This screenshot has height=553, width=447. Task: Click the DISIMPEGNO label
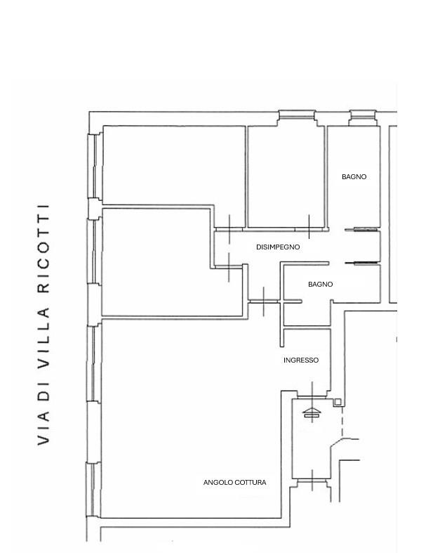278,247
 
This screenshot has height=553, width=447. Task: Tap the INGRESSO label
301,360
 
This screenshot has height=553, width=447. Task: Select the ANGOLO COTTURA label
234,482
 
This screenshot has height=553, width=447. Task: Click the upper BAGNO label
354,176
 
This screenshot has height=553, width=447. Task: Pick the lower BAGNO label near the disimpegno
320,285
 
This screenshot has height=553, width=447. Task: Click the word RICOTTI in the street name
43,249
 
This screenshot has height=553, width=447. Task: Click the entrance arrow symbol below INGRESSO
312,413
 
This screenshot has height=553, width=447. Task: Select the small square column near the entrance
338,402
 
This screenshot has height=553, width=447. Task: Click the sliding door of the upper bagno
361,230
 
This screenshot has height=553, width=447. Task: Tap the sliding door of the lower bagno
361,263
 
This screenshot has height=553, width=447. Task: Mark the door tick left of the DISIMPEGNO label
229,229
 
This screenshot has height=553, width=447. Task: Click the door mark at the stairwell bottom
312,481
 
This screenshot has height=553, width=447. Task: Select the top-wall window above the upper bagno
363,117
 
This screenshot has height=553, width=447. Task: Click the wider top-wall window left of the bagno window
296,117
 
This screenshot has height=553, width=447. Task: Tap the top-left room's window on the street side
94,166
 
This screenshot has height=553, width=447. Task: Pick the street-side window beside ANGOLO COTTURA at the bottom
93,490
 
